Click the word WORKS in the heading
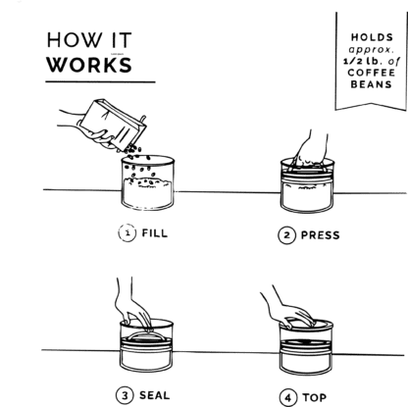tap(89, 65)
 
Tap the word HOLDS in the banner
tap(372, 37)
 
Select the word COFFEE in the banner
tap(372, 73)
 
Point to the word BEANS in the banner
tap(372, 84)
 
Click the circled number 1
tap(127, 233)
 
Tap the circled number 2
tap(287, 235)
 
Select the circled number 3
tap(125, 395)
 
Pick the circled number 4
tap(288, 397)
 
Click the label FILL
tap(155, 233)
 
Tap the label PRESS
tap(321, 235)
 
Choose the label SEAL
tap(155, 395)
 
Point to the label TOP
tap(315, 397)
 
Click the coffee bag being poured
tap(113, 125)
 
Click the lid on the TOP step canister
tap(307, 324)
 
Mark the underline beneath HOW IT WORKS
tap(100, 81)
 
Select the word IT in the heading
tap(122, 40)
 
